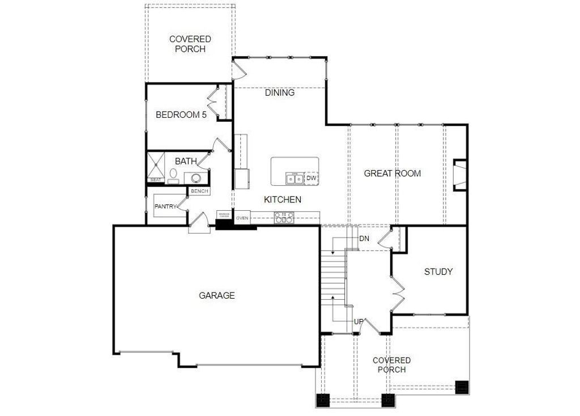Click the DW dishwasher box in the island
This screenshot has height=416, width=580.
(311, 179)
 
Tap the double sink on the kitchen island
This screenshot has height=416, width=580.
(294, 179)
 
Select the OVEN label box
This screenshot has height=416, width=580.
(242, 218)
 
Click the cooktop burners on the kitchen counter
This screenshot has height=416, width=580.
(284, 216)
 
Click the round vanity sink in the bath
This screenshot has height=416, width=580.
(196, 178)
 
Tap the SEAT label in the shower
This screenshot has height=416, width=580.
(155, 180)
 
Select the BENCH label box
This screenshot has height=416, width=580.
(199, 192)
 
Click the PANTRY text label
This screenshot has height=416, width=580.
(165, 207)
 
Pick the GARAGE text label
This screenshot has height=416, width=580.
(216, 295)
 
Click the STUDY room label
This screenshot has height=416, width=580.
(438, 271)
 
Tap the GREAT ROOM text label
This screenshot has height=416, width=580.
(392, 173)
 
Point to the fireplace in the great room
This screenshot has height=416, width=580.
(459, 175)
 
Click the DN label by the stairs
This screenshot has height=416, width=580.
(364, 239)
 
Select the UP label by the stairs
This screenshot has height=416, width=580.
(358, 322)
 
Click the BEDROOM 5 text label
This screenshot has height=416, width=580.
(181, 114)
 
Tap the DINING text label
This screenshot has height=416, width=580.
(279, 92)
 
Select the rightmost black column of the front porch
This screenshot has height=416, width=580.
(462, 387)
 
